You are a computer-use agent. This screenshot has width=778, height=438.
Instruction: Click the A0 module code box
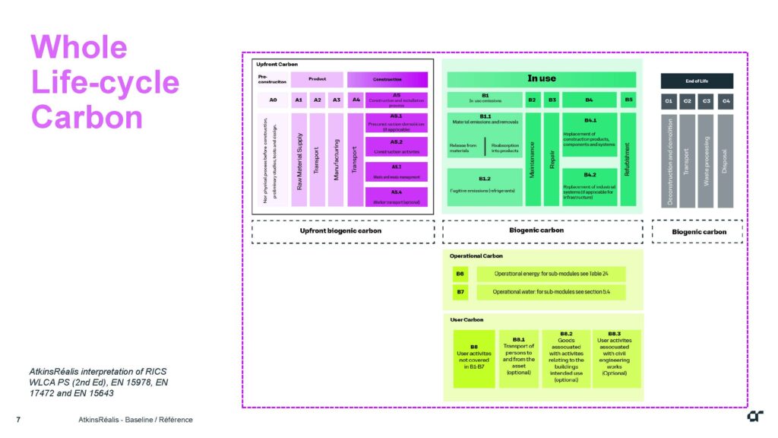click(274, 100)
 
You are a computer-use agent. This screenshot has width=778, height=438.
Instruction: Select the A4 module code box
click(356, 100)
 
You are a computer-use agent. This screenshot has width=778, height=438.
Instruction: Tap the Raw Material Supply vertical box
click(299, 159)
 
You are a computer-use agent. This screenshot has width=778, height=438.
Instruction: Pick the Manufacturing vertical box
click(336, 159)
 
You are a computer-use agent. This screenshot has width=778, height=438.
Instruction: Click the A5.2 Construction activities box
click(396, 147)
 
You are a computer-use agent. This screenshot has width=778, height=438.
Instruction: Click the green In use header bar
click(541, 79)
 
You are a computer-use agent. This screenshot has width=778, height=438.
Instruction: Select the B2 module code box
click(533, 100)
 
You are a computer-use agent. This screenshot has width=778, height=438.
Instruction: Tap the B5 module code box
click(628, 100)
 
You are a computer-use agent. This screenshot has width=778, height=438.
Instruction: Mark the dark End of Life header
click(697, 81)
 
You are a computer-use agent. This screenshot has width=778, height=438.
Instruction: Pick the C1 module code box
click(669, 100)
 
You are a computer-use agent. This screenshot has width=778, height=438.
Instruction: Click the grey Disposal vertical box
click(725, 160)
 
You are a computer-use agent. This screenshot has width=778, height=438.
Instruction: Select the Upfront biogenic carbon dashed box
click(343, 231)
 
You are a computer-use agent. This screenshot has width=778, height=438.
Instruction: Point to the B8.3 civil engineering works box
click(616, 358)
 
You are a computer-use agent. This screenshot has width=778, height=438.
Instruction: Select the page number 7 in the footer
click(17, 420)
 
